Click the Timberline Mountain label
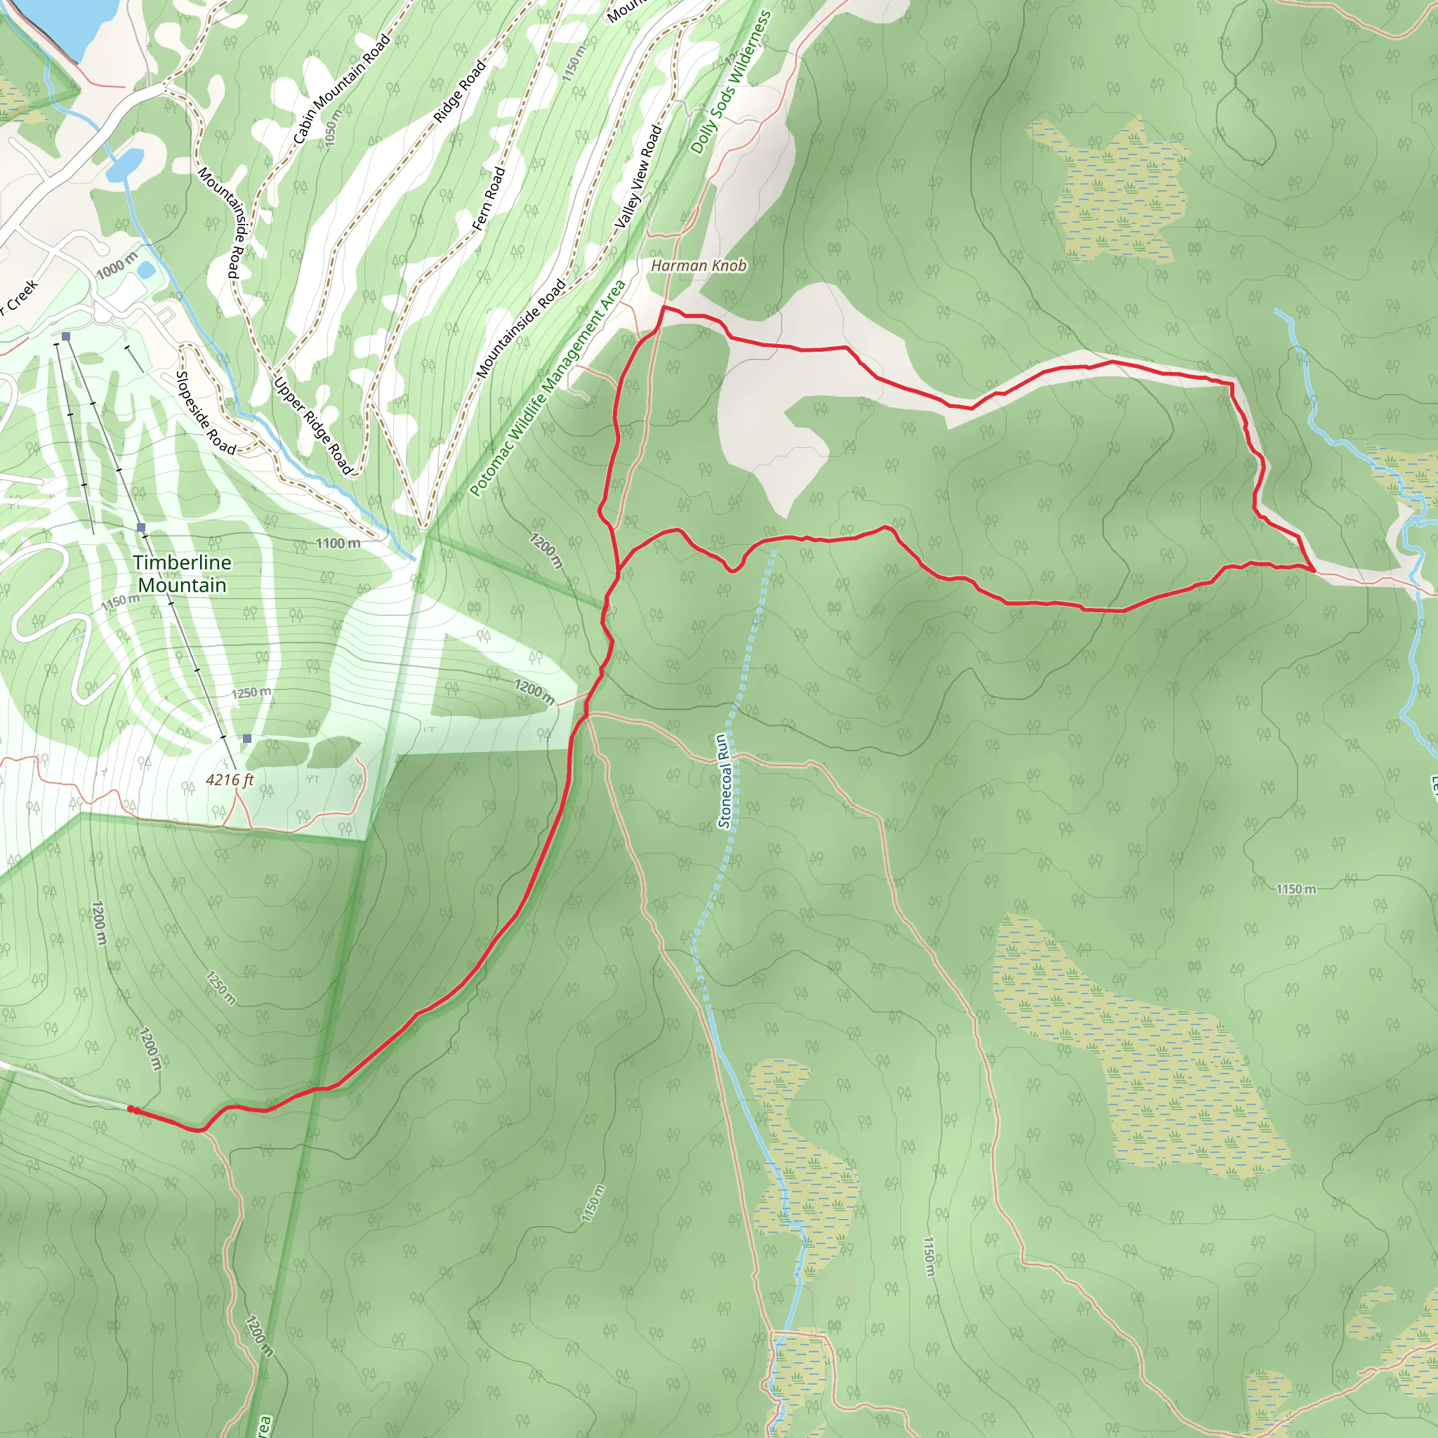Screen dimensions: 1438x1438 [x=183, y=574]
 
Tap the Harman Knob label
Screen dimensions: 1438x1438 [x=698, y=265]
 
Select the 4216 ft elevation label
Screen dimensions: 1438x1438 [x=230, y=780]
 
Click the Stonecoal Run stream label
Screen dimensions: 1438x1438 [x=724, y=781]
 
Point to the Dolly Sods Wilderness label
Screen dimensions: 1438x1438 [x=731, y=83]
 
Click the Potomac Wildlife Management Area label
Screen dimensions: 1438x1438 [x=548, y=388]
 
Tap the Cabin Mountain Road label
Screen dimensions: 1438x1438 [x=342, y=88]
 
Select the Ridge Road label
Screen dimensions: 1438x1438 [x=460, y=91]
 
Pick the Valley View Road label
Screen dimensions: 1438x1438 [x=639, y=176]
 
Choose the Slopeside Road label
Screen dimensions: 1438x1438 [x=205, y=413]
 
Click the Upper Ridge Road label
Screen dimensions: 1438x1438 [x=312, y=426]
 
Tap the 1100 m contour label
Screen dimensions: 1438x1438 [x=338, y=544]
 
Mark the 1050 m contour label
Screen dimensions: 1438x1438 [x=334, y=127]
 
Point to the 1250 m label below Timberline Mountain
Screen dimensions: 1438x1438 [x=251, y=693]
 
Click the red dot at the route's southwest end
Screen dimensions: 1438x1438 [x=132, y=1109]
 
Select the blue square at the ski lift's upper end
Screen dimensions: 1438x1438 [x=247, y=739]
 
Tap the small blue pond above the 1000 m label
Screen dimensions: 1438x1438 [x=146, y=270]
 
